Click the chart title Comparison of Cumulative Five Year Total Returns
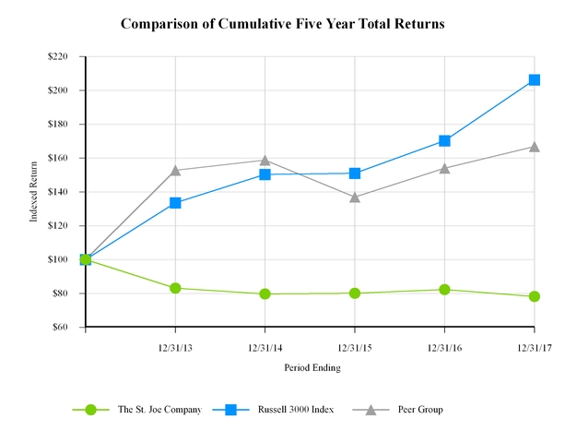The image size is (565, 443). point(282,24)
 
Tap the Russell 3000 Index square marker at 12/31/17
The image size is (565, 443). point(535,80)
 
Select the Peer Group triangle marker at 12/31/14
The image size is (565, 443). point(265,161)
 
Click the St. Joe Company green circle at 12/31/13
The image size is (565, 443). point(175,288)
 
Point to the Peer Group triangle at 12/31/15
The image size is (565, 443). point(355,197)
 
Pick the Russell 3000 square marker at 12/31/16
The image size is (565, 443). point(445,141)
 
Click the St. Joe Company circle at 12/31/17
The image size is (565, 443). point(535,296)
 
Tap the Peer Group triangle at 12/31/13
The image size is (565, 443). point(175,170)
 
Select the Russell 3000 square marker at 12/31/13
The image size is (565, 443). point(175,203)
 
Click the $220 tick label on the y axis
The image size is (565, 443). point(67,57)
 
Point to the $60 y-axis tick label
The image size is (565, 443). point(69,328)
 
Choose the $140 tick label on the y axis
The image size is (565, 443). point(67,192)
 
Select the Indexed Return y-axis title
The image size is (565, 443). point(34,192)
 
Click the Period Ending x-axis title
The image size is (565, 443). point(312,367)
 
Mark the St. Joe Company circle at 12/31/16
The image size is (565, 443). point(445,290)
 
